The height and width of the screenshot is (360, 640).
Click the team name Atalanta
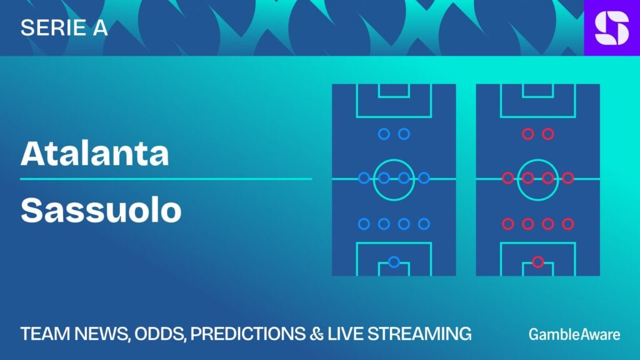tap(95, 153)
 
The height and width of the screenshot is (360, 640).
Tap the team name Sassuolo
tap(101, 210)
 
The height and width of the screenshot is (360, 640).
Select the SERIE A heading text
tap(64, 27)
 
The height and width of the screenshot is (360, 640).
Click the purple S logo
tap(612, 27)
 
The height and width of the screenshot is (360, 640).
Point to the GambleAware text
tap(574, 334)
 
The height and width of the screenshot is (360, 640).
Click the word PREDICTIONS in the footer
tap(247, 334)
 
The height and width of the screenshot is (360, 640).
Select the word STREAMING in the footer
tap(419, 334)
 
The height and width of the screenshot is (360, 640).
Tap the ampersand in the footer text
tap(316, 334)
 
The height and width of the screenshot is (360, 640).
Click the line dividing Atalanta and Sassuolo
tap(166, 179)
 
